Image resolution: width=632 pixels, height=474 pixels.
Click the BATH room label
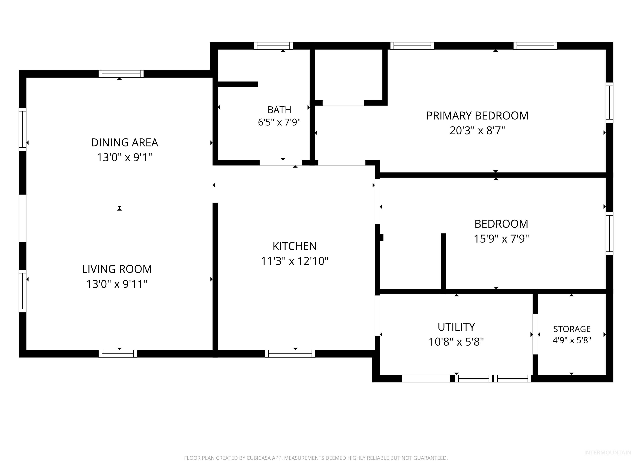[279, 110]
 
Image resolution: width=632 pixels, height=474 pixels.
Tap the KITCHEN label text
[295, 246]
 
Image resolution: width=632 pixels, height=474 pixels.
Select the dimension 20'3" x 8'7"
[477, 131]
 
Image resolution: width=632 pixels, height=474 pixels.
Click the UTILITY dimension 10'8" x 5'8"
[456, 342]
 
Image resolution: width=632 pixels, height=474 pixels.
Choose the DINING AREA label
[125, 143]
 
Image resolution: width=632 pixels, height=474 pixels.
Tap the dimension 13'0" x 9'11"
[117, 284]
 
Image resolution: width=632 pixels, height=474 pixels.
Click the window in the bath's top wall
[273, 46]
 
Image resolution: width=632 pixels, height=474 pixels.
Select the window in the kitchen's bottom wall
[290, 354]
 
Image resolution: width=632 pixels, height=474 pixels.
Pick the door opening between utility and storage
[535, 334]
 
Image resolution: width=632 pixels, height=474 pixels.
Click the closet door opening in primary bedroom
[343, 103]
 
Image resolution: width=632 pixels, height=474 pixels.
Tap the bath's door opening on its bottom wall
[281, 163]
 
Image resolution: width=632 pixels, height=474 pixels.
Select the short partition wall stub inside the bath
[238, 84]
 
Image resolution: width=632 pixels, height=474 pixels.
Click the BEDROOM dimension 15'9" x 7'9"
[501, 239]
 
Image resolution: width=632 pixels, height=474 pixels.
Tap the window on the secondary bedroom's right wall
[609, 234]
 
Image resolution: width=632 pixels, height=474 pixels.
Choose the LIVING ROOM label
[117, 269]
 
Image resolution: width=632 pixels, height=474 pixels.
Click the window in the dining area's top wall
[121, 74]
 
